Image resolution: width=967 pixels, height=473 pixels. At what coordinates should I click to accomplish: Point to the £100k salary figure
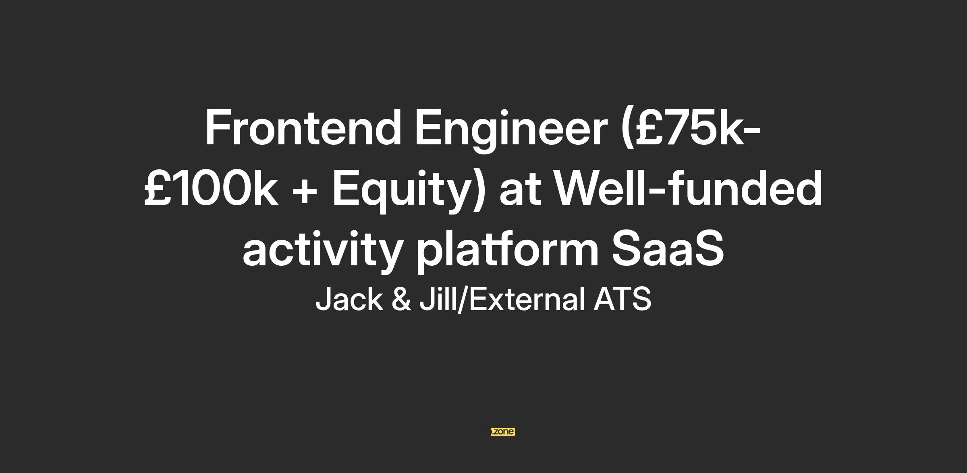211,188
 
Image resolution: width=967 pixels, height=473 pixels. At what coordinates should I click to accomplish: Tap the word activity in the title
322,252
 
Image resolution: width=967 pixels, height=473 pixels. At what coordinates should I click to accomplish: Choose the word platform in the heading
507,252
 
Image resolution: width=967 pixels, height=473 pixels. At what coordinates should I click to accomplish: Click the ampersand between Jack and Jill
401,299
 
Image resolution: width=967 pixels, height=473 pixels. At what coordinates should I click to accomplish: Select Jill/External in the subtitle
502,299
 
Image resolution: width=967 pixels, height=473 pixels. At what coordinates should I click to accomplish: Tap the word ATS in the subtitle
622,299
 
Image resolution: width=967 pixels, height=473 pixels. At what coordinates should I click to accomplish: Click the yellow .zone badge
503,432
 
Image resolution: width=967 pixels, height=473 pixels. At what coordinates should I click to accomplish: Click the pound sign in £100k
158,188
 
